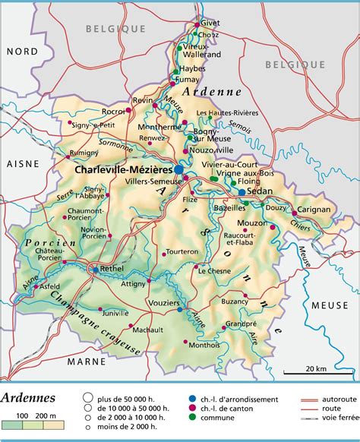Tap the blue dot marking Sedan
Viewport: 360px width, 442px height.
click(x=242, y=192)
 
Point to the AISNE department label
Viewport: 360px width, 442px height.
click(x=21, y=163)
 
